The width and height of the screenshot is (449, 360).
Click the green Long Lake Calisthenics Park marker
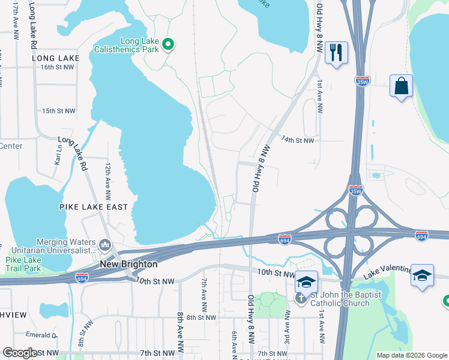(168, 45)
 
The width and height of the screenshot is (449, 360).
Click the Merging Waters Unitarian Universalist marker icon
(105, 244)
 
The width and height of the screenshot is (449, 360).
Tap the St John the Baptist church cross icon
(300, 298)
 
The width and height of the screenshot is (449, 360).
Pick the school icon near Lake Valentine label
(422, 275)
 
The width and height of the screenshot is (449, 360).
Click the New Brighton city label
(128, 264)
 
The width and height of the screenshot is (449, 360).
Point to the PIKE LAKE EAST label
(94, 207)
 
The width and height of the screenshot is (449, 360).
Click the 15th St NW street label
(59, 111)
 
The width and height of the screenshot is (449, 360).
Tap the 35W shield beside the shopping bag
(362, 81)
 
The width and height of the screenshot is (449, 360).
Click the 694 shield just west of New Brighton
(82, 278)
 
